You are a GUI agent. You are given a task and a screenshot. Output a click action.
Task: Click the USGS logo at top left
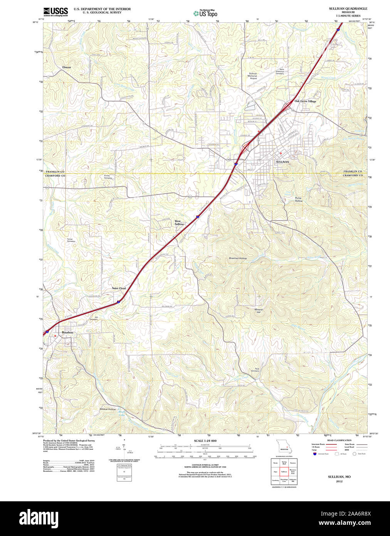pyautogui.click(x=55, y=11)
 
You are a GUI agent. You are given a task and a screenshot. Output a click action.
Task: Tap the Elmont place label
pyautogui.click(x=67, y=67)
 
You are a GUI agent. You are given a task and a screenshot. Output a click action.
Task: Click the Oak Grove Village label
pyautogui.click(x=305, y=101)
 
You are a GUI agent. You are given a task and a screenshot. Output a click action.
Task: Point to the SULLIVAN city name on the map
pyautogui.click(x=282, y=162)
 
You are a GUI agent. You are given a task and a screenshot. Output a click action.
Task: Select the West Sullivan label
pyautogui.click(x=179, y=222)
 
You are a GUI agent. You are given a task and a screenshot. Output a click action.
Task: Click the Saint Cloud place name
pyautogui.click(x=119, y=288)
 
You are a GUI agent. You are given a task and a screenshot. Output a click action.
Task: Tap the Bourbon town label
pyautogui.click(x=67, y=332)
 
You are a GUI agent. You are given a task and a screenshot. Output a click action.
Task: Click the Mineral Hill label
pyautogui.click(x=259, y=311)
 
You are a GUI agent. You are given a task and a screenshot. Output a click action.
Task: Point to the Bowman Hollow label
pyautogui.click(x=238, y=258)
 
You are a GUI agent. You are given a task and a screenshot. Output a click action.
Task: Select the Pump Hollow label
pyautogui.click(x=299, y=199)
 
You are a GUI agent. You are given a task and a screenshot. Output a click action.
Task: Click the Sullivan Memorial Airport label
pyautogui.click(x=253, y=76)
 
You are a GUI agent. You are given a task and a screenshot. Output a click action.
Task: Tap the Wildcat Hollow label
pyautogui.click(x=108, y=409)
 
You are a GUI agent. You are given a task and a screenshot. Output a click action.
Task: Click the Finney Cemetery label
pyautogui.click(x=108, y=177)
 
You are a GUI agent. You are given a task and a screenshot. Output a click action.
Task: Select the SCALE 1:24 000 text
pyautogui.click(x=205, y=441)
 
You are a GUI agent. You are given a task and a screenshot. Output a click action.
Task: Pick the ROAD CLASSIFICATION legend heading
pyautogui.click(x=339, y=440)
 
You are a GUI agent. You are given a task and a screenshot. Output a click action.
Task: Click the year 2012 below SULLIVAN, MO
pyautogui.click(x=339, y=481)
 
